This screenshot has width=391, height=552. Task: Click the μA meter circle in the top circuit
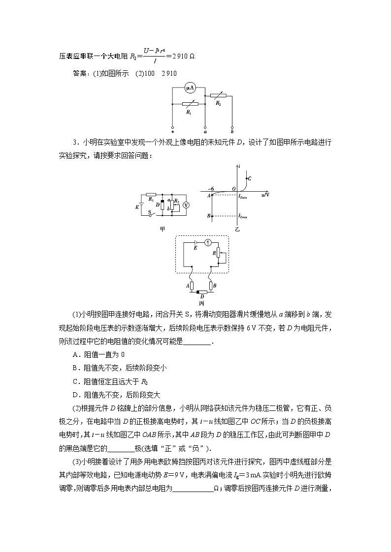pyautogui.click(x=191, y=88)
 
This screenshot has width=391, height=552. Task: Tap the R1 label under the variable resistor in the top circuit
pyautogui.click(x=188, y=113)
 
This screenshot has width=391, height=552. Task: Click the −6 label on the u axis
pyautogui.click(x=210, y=188)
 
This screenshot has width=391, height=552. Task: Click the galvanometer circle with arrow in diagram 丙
pyautogui.click(x=207, y=242)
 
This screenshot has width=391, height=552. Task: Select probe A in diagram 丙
pyautogui.click(x=192, y=286)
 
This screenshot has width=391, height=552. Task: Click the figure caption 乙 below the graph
pyautogui.click(x=237, y=229)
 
